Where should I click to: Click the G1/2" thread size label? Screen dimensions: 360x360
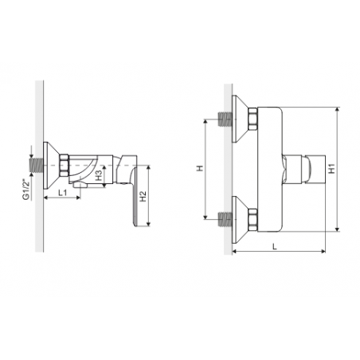(x=25, y=190)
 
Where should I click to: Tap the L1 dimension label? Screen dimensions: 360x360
(x=63, y=193)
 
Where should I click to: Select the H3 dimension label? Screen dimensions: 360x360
(x=99, y=175)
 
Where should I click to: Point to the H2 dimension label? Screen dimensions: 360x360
(x=143, y=196)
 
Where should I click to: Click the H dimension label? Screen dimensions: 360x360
(x=200, y=168)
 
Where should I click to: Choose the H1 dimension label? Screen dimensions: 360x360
(x=331, y=169)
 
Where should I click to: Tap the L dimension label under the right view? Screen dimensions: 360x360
(x=275, y=246)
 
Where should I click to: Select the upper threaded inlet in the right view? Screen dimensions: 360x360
(x=225, y=119)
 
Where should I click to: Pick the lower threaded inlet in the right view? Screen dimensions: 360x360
(x=225, y=219)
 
